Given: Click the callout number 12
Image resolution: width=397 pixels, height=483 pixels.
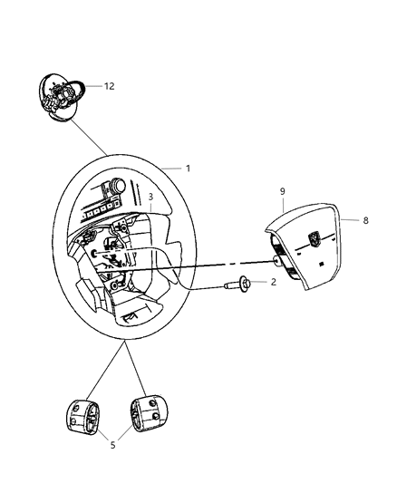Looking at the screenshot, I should pos(109,87).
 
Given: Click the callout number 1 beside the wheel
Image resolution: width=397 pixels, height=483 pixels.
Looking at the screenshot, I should pos(188,168).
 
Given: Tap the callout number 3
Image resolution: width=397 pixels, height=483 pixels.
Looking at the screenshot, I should pos(151,197).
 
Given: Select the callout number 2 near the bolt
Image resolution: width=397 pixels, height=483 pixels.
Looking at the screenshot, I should pos(273,283).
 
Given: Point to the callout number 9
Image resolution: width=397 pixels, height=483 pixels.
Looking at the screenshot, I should pos(283,192).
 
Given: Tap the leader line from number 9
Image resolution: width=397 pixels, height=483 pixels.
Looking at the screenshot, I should pos(283,205).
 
